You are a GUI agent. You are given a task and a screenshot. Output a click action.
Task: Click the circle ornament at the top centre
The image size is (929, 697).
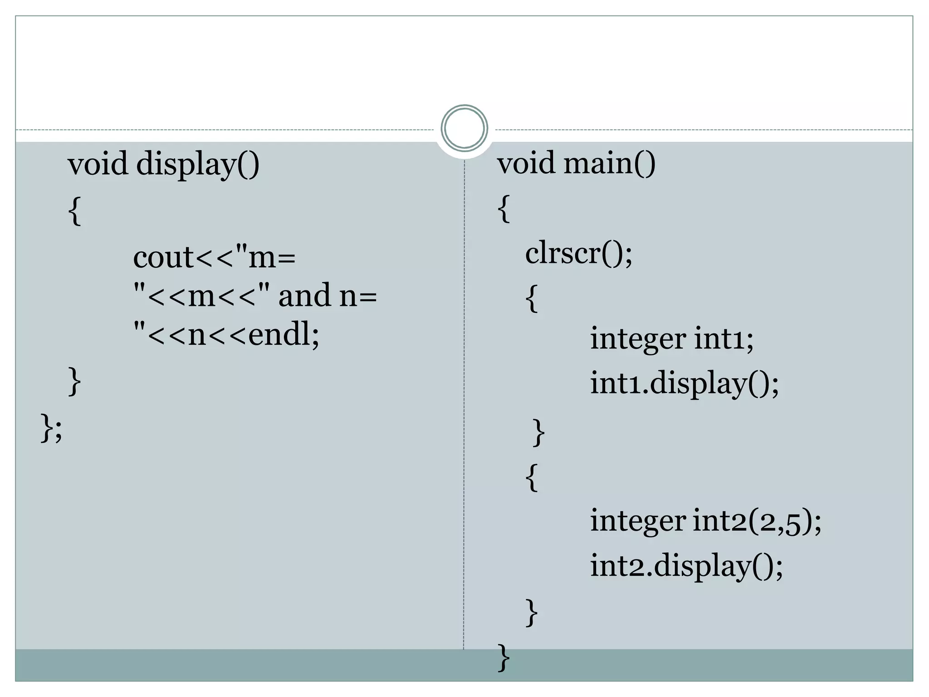[x=464, y=128]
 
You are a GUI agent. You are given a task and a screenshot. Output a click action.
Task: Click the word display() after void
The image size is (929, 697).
[x=198, y=164]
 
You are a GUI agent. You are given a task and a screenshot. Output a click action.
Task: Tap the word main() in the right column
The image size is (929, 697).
[x=609, y=163]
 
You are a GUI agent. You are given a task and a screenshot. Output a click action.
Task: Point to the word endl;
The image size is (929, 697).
[x=284, y=335]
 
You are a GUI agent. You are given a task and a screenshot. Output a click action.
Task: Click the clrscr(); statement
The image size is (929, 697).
[x=578, y=253]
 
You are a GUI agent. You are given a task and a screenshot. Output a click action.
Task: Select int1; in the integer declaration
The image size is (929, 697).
[x=724, y=339]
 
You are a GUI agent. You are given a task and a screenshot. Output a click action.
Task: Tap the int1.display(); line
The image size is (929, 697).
[x=684, y=383]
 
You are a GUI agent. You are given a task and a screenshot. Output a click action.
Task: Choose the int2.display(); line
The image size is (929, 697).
[x=686, y=566]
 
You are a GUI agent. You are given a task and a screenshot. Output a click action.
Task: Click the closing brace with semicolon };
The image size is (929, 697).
[x=51, y=427]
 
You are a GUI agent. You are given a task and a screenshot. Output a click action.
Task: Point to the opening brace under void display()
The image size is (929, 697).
[x=75, y=211]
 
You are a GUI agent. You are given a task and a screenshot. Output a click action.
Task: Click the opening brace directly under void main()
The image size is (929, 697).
[x=504, y=209]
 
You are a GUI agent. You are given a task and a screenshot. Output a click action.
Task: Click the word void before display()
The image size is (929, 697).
[x=98, y=164]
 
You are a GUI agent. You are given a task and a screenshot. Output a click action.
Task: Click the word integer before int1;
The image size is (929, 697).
[x=637, y=339]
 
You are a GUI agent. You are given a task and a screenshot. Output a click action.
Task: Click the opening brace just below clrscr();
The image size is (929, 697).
[x=532, y=299]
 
